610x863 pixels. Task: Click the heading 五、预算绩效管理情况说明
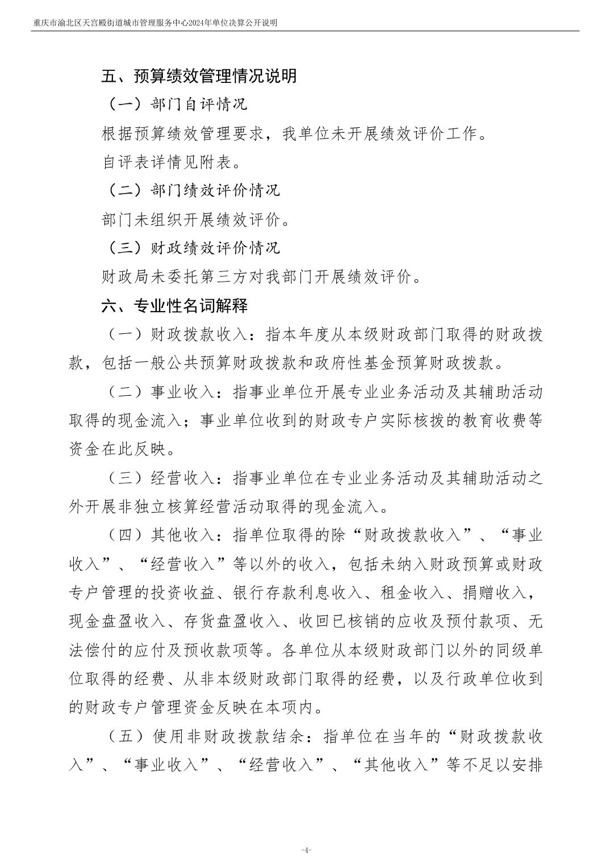tap(199, 76)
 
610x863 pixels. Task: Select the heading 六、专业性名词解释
tap(175, 306)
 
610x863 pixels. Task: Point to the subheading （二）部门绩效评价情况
tap(193, 190)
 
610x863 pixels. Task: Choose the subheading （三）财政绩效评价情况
tap(193, 248)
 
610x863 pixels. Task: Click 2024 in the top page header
tap(185, 23)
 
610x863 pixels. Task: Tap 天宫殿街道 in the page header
tap(99, 23)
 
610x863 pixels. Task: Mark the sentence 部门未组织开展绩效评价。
tap(196, 220)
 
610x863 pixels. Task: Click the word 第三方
tap(268, 277)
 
